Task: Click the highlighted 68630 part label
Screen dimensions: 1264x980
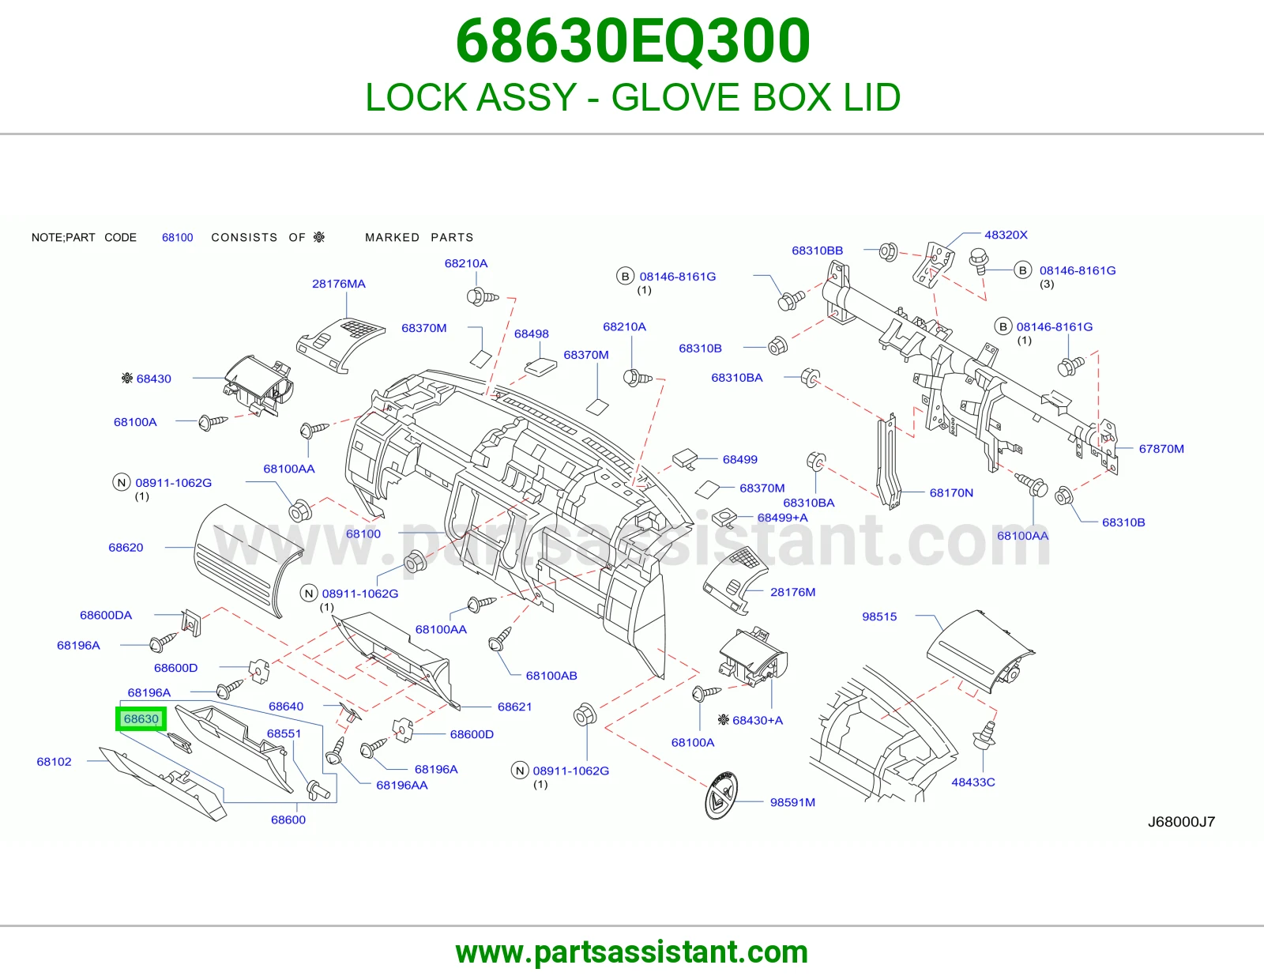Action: [x=141, y=718]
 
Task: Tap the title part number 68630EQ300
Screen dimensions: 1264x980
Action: [x=632, y=41]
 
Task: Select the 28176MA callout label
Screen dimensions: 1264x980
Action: [x=339, y=284]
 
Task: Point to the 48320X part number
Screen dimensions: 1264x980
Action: [x=1006, y=235]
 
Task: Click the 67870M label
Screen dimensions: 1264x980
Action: [x=1161, y=449]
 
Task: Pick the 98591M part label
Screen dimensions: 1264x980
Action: [x=792, y=802]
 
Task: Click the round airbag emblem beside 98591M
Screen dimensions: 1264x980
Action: [x=720, y=795]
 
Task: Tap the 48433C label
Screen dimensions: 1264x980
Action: [x=972, y=782]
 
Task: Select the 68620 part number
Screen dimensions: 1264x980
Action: [x=126, y=548]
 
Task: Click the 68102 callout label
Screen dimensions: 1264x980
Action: [x=54, y=762]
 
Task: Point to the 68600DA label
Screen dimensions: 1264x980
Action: [x=106, y=615]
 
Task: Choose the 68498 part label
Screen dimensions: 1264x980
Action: [x=531, y=334]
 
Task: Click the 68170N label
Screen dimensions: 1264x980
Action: [x=951, y=493]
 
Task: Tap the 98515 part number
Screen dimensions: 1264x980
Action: [x=879, y=617]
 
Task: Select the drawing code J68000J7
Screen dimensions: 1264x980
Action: [x=1181, y=822]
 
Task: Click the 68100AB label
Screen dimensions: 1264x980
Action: [x=551, y=676]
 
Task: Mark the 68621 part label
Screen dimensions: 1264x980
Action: [x=514, y=707]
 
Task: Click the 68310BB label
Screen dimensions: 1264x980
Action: [x=817, y=251]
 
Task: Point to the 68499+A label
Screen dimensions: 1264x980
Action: [x=782, y=518]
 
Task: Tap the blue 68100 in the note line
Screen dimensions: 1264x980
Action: [x=178, y=237]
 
